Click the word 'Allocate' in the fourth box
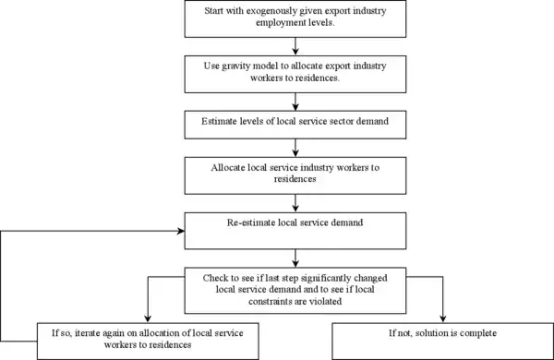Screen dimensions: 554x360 coord(228,167)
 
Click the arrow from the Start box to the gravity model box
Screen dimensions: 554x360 coord(295,46)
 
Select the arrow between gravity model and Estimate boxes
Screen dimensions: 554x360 coord(295,102)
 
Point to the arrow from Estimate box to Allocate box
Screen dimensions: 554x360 coord(295,148)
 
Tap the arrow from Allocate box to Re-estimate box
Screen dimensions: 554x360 coord(295,203)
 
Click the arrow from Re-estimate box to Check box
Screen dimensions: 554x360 coord(295,258)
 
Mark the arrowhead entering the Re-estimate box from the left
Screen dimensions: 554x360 coord(181,231)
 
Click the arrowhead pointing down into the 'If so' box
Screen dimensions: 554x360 coord(148,318)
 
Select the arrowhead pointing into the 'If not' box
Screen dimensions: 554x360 coord(442,318)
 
